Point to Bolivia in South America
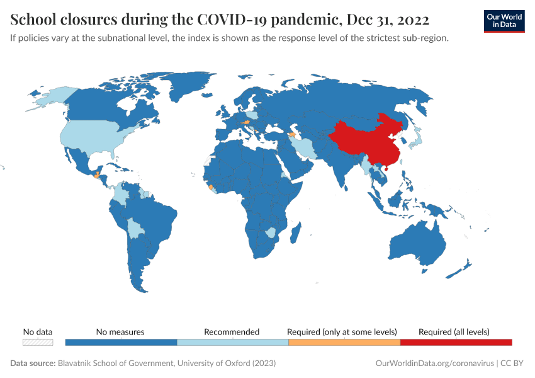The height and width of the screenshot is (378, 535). (135, 229)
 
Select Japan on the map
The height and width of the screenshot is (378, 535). (416, 139)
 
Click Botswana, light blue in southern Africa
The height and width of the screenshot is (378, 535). (270, 232)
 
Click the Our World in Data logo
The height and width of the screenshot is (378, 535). (504, 21)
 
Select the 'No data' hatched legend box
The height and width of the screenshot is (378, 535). (38, 342)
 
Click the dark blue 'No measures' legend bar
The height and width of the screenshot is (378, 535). (121, 342)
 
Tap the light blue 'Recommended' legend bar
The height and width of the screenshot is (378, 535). (232, 342)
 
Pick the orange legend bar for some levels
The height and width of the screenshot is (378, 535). (344, 342)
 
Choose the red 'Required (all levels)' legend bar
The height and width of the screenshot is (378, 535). (456, 342)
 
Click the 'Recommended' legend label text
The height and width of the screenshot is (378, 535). (232, 331)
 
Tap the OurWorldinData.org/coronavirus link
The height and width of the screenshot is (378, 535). (434, 364)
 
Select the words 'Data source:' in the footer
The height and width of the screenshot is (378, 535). (33, 364)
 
